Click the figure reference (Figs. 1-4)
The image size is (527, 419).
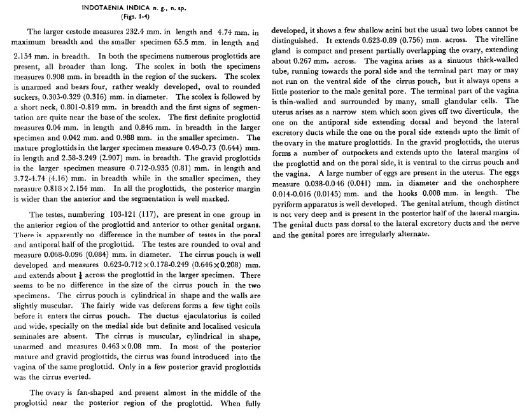point(133,17)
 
